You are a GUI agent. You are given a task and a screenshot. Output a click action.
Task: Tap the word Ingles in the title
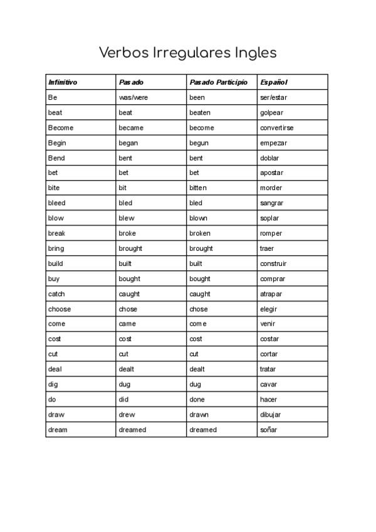click(256, 53)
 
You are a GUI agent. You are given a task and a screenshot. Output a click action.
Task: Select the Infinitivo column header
click(63, 82)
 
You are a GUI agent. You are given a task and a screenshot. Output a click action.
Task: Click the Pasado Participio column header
click(218, 82)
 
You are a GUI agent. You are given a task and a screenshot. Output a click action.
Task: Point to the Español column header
click(274, 82)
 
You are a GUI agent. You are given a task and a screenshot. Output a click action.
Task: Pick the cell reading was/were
click(133, 98)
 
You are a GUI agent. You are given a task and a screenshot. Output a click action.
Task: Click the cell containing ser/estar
click(273, 98)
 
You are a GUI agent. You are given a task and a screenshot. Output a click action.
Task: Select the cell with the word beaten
click(200, 113)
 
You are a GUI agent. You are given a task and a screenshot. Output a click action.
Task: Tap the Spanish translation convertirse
click(276, 128)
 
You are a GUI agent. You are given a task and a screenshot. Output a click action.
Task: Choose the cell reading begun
click(199, 143)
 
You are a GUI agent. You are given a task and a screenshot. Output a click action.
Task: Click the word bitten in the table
click(198, 188)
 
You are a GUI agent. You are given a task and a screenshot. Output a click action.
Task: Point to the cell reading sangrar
click(272, 203)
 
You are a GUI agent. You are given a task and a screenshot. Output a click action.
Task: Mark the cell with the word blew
click(127, 218)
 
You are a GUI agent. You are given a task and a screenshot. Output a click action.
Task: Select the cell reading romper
click(271, 233)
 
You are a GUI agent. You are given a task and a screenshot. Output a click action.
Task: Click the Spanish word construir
click(273, 263)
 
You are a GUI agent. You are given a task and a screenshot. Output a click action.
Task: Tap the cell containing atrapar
click(271, 294)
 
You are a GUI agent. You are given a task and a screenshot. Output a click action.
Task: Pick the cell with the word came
click(127, 324)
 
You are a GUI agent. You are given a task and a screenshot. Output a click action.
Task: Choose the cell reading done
click(197, 399)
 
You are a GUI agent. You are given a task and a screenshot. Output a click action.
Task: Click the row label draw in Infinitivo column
click(56, 415)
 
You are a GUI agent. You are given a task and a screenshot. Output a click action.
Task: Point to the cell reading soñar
click(268, 430)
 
